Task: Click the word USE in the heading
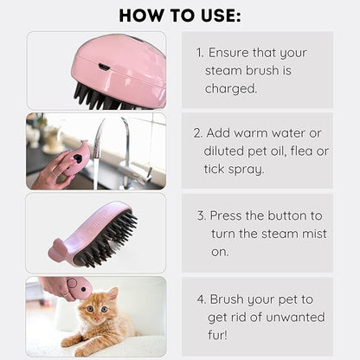coord(219,16)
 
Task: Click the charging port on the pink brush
coord(104,67)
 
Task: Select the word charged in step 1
coord(231,88)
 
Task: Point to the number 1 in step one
coord(200,53)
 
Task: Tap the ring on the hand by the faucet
coord(55,174)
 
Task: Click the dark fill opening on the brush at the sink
coord(77,158)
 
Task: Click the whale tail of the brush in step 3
coord(58,248)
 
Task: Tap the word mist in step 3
coord(314,234)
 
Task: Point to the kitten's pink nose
coord(97,318)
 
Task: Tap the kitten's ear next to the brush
coord(112,294)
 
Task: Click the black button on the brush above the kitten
coord(83,289)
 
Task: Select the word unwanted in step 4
coord(295,318)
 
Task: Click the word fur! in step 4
coord(217,335)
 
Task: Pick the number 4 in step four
coord(201,299)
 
